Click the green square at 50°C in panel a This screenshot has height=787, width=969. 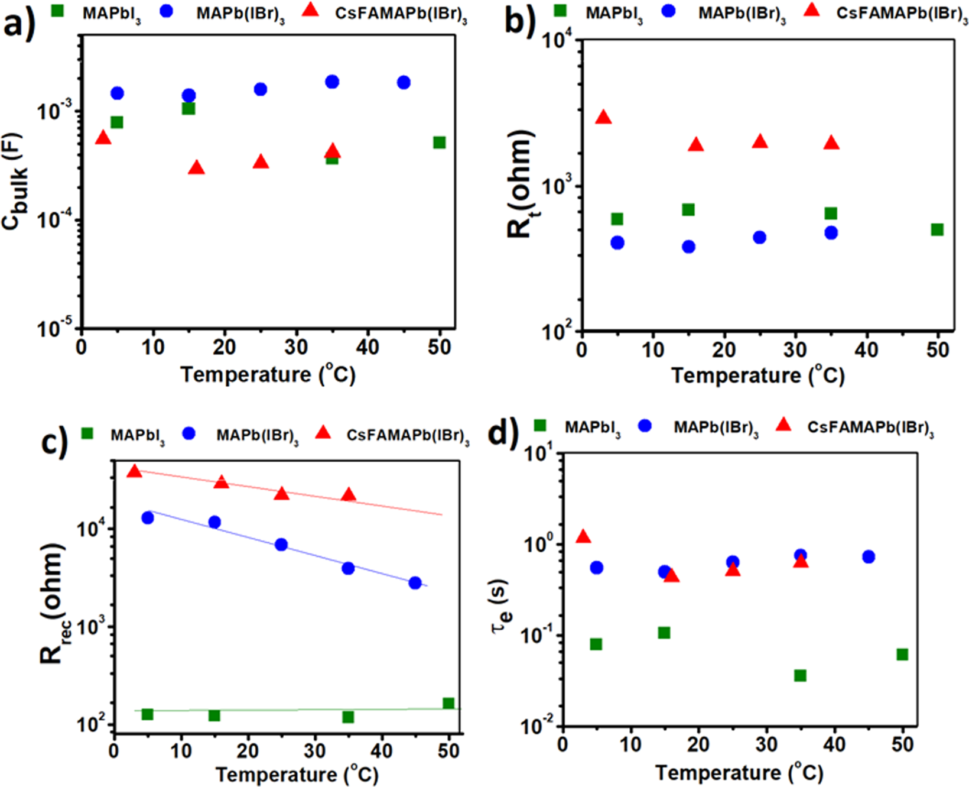click(x=439, y=142)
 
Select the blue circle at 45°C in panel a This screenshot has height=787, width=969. click(x=404, y=82)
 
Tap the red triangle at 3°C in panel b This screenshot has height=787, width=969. click(x=603, y=117)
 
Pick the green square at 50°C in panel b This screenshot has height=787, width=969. click(x=937, y=229)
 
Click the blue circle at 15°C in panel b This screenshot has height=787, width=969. click(x=688, y=247)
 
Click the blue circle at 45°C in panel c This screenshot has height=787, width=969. click(x=415, y=582)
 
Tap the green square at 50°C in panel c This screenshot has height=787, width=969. click(x=448, y=704)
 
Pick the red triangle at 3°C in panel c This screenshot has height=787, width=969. click(x=135, y=472)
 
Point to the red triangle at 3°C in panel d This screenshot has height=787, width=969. click(x=584, y=537)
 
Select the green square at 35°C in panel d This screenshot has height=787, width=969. click(x=800, y=675)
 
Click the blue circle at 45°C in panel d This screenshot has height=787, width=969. click(x=868, y=556)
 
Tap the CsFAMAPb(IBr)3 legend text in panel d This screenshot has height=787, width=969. click(x=870, y=428)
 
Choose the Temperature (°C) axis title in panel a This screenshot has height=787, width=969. click(x=268, y=375)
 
